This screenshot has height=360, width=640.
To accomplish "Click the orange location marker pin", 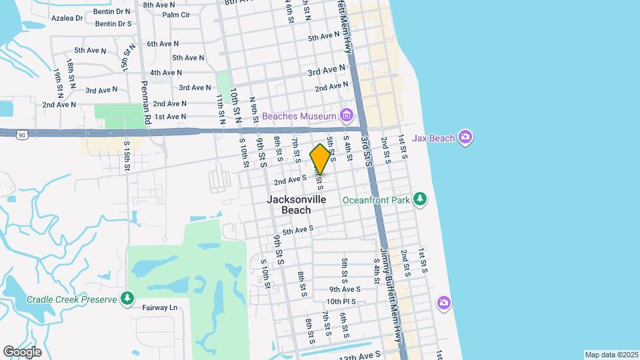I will (320, 159).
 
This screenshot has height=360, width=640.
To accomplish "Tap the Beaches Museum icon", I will (345, 116).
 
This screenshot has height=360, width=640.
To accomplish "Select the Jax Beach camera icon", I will (465, 138).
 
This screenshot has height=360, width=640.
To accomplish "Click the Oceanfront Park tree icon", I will (419, 199).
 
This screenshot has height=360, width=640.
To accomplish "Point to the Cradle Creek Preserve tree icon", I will (127, 299).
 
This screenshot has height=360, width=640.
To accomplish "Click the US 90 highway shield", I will (23, 135).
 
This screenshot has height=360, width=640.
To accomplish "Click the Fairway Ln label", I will (160, 307).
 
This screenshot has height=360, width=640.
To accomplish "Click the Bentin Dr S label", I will (113, 23).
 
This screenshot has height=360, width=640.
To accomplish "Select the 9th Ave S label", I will (345, 289).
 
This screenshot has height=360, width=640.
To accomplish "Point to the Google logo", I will (22, 352).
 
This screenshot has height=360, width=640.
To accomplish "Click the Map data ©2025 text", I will (610, 355).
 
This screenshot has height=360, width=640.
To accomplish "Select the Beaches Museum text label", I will (299, 116).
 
